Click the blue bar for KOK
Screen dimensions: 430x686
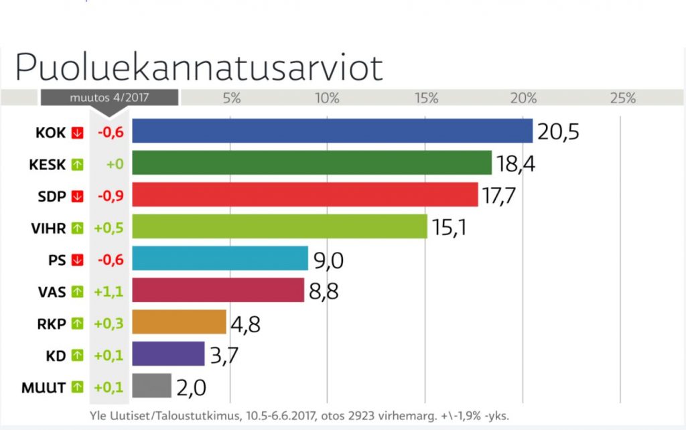coord(332,131)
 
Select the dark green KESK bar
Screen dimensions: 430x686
coord(312,163)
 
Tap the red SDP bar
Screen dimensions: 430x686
coord(305,194)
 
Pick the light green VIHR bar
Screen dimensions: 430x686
coord(279,226)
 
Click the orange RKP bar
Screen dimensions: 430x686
coord(179,322)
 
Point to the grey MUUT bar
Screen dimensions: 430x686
coord(151,386)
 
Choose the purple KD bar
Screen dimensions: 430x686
coord(168,354)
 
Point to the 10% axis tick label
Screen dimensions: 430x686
coord(327,98)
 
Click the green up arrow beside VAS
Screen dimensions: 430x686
coord(77,291)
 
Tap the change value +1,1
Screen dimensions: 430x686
coord(109,291)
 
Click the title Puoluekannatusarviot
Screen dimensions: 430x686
coord(199,67)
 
